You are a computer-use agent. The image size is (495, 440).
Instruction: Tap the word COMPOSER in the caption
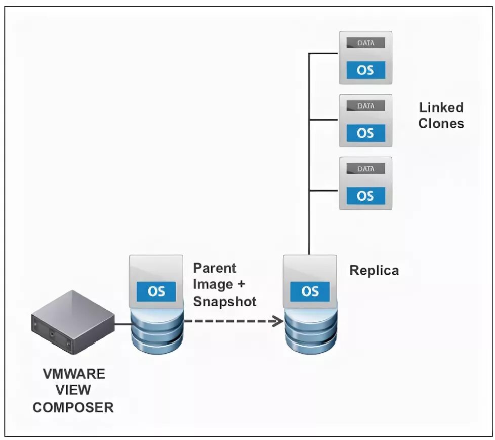tap(73, 407)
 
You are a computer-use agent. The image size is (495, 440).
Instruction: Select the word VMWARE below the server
tap(74, 374)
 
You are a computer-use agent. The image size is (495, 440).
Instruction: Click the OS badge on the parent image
tap(156, 291)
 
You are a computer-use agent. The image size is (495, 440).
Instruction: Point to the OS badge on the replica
tap(310, 291)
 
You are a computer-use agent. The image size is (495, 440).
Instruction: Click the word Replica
tap(374, 271)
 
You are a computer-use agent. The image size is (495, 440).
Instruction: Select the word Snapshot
tap(225, 302)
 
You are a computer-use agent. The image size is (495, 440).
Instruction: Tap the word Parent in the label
tap(215, 268)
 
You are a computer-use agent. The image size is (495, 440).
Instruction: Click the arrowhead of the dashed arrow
tap(277, 320)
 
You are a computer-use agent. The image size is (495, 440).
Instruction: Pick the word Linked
tap(441, 107)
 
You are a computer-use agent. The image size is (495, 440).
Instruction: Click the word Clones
tap(441, 124)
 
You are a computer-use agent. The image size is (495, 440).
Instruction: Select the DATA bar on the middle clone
tap(365, 105)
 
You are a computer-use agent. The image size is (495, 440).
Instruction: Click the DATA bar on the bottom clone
tap(365, 168)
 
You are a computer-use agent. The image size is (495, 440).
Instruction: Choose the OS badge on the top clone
tap(365, 69)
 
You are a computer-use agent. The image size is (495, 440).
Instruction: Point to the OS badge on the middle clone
tap(365, 133)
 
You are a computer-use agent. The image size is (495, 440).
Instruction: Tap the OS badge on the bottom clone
tap(365, 196)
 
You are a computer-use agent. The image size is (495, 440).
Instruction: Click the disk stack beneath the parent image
tap(156, 332)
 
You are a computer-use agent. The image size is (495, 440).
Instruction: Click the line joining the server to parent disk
tap(122, 323)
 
